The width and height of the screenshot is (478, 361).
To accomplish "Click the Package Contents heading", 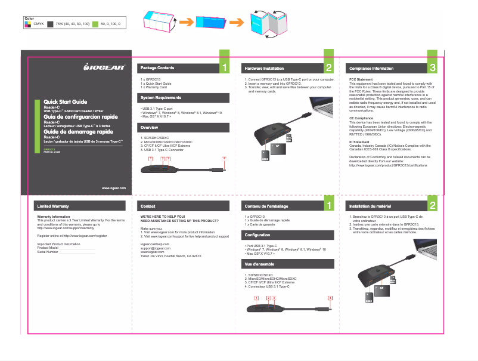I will point(157,67).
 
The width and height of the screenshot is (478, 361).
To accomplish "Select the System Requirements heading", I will point(160,97).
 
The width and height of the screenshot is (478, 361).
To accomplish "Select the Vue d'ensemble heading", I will point(259,263).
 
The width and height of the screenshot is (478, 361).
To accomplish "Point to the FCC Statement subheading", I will point(361,79).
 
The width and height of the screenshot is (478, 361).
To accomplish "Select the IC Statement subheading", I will point(359,141).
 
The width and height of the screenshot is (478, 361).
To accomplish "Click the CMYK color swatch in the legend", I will point(27,23).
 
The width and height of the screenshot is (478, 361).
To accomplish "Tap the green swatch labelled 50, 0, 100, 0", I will point(95,23).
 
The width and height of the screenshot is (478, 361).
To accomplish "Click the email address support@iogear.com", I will point(155,248).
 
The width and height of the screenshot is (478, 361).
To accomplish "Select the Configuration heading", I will point(257,235).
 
